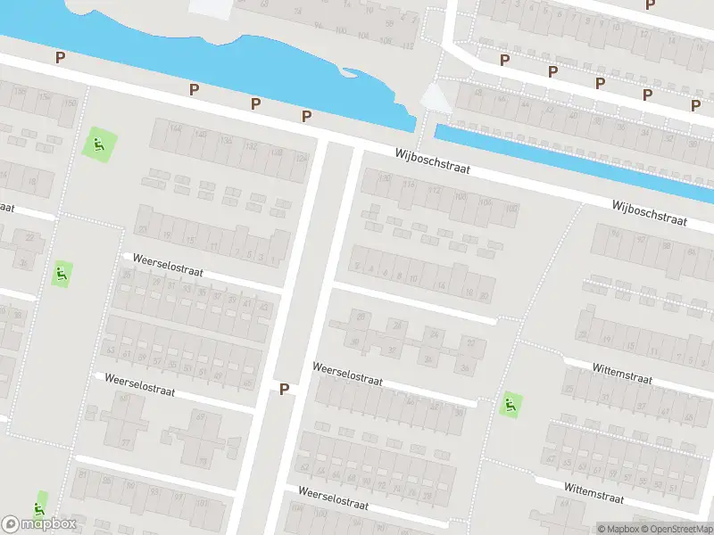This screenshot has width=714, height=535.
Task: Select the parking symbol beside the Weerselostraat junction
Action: click(x=284, y=389)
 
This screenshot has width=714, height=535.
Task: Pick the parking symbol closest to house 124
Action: click(x=306, y=116)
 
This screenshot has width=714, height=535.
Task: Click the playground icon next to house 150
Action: click(x=99, y=144)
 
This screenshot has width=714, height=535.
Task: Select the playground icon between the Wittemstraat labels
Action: click(x=510, y=405)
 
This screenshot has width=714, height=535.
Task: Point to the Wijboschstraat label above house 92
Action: click(x=649, y=212)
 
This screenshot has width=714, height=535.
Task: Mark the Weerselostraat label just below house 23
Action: click(x=169, y=264)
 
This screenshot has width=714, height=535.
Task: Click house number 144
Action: click(x=175, y=130)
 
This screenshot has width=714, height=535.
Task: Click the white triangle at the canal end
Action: click(x=436, y=97)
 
